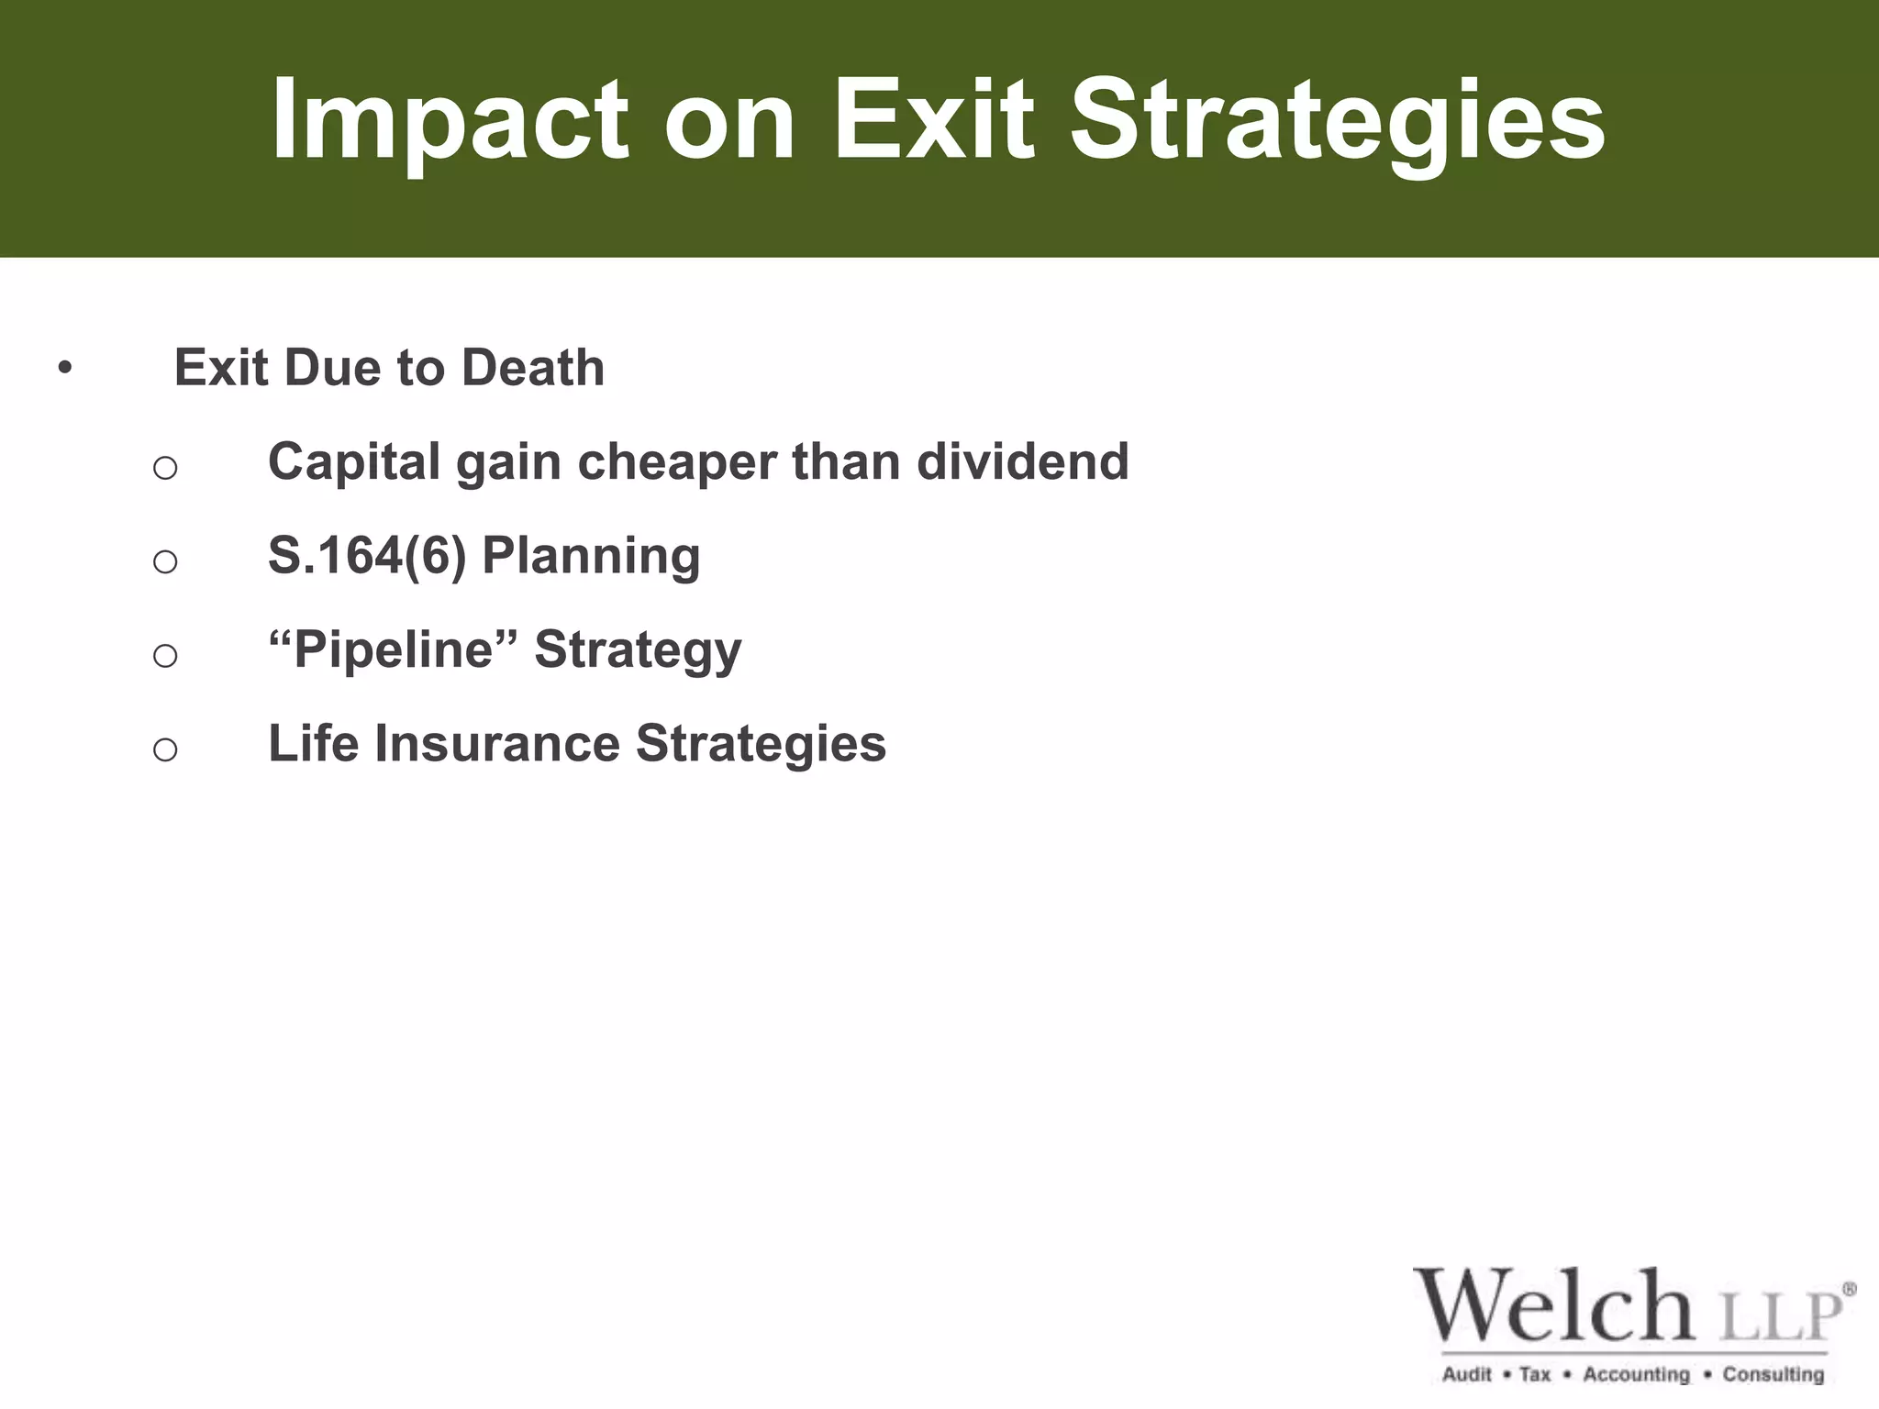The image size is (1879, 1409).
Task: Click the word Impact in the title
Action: (450, 121)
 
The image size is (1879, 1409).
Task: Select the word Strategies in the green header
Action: (1337, 123)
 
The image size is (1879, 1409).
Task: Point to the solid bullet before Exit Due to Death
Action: (63, 369)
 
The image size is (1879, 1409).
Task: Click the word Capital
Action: (354, 461)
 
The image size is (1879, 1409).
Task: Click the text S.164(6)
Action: (367, 556)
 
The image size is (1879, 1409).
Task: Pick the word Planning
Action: (591, 556)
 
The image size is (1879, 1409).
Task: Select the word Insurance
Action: (497, 743)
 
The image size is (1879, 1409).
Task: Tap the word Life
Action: (314, 743)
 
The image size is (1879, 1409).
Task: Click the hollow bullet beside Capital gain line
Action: (165, 468)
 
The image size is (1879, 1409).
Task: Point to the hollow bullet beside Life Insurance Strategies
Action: (165, 749)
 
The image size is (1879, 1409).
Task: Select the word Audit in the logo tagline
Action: (1467, 1374)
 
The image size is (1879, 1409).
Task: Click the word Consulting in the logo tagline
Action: (1773, 1374)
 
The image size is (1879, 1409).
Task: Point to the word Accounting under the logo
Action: (1636, 1374)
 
